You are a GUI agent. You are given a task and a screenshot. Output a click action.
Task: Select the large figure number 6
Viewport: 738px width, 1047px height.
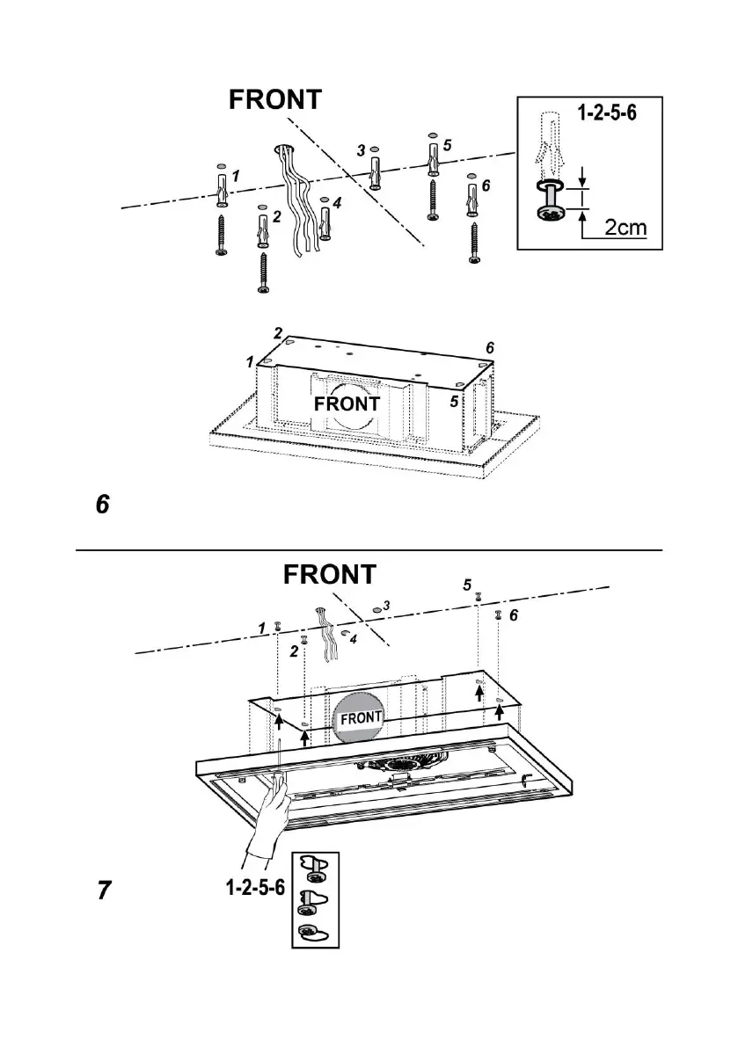pos(102,505)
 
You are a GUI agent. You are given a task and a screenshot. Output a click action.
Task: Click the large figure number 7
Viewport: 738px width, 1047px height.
pos(104,891)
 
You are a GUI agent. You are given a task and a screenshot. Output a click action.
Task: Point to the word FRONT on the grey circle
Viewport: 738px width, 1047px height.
pos(361,717)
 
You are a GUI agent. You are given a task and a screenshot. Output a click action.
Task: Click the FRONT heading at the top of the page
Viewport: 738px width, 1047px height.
pos(275,99)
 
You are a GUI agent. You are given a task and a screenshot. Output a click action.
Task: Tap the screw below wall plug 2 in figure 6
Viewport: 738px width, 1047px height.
pos(263,272)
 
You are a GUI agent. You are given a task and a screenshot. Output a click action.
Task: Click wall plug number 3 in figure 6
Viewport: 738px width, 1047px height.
pos(376,171)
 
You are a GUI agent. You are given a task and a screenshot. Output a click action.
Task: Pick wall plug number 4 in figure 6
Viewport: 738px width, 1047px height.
pos(325,223)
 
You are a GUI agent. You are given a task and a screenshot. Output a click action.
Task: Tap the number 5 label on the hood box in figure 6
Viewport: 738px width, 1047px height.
pos(455,402)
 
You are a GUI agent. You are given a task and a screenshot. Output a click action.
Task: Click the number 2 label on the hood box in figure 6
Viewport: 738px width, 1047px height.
pos(277,333)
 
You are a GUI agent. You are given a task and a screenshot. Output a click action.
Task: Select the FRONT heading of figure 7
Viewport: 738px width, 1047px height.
pos(330,574)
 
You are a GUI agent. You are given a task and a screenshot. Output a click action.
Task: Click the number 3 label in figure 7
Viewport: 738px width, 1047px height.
pos(386,606)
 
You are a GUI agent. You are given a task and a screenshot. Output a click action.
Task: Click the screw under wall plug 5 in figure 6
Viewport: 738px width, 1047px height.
pos(432,199)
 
